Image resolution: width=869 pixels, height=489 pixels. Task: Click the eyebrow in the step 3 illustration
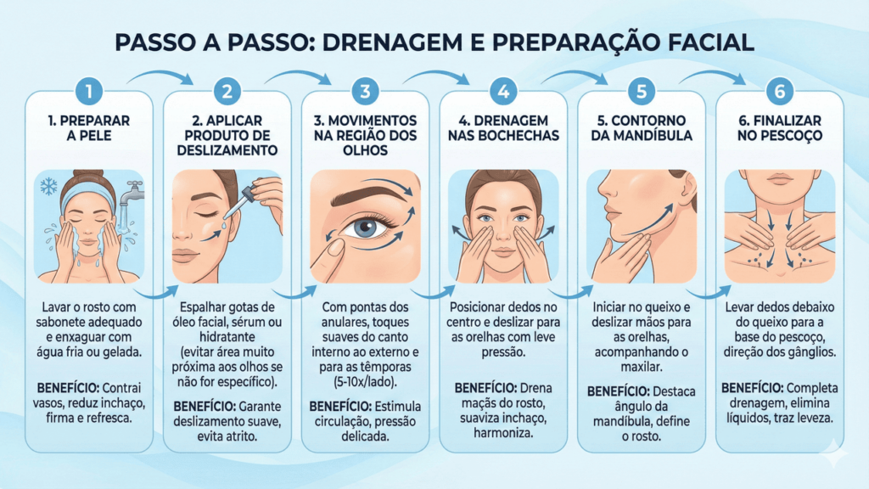coord(367,193)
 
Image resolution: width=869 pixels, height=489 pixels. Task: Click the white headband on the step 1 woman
coord(87,188)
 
